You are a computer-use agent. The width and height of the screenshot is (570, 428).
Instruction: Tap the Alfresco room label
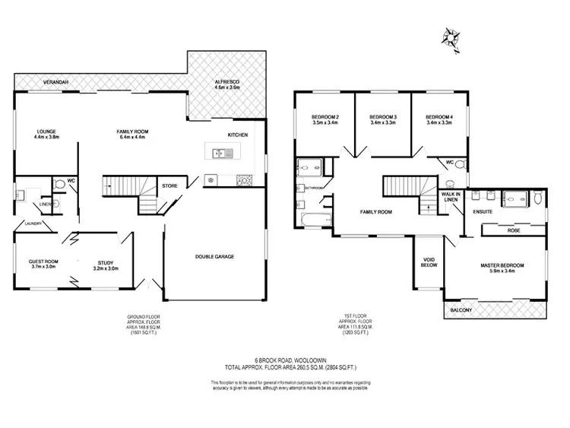pos(227,84)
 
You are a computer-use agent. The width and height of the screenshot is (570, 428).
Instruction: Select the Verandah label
pos(56,80)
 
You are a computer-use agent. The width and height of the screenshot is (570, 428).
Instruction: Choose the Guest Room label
pos(43,263)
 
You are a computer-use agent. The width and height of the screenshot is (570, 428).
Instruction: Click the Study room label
pos(105,265)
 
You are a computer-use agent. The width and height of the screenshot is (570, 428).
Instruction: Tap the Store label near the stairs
pos(169,185)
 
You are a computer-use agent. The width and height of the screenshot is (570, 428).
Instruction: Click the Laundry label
pos(32,224)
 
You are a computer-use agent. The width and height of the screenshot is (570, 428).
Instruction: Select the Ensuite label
pos(483,211)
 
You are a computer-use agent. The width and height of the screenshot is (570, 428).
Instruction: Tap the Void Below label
pos(429,263)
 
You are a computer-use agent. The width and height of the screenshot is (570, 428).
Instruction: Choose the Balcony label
pos(461,310)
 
